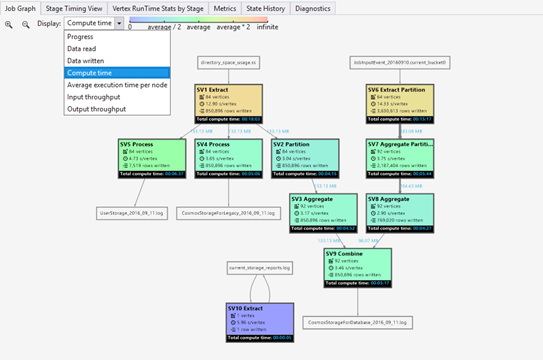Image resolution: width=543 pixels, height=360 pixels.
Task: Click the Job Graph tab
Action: click(x=19, y=7)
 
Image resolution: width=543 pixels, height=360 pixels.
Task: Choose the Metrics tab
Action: click(x=226, y=7)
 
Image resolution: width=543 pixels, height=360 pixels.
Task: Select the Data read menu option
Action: click(x=83, y=48)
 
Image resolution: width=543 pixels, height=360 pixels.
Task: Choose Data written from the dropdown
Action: click(x=85, y=60)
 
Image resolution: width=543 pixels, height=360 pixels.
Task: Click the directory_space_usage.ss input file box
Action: click(x=229, y=62)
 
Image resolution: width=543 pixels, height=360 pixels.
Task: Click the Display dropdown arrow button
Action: click(x=119, y=22)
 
